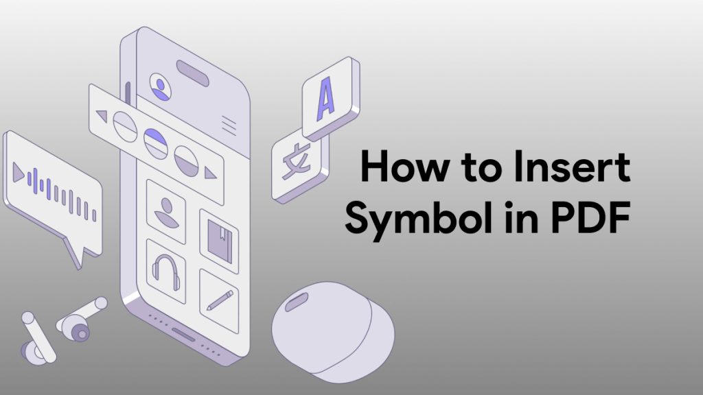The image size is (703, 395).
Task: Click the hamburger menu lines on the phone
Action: [229, 124]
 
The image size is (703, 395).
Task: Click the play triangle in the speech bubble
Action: [19, 173]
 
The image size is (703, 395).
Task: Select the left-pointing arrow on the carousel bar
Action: [101, 116]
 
